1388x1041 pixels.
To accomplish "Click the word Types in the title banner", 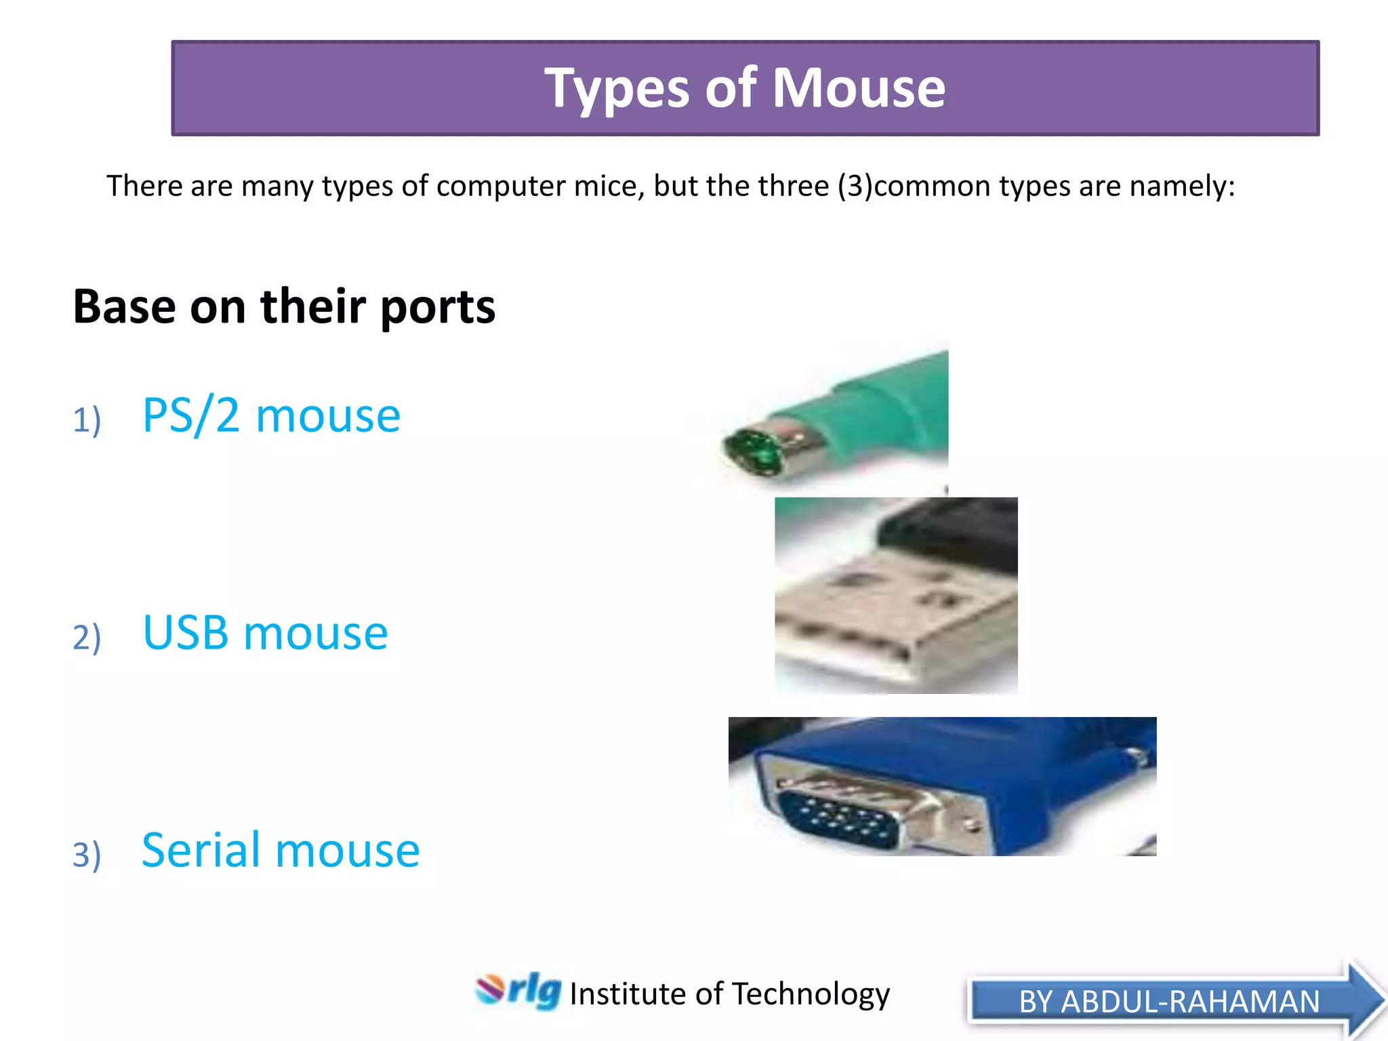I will coord(617,89).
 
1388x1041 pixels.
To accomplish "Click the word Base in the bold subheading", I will coord(125,306).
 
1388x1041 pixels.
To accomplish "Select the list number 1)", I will coord(87,420).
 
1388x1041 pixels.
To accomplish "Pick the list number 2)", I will coord(87,637).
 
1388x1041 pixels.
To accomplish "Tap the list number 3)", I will coord(87,854).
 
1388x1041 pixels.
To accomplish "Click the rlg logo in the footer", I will coord(518,991).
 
